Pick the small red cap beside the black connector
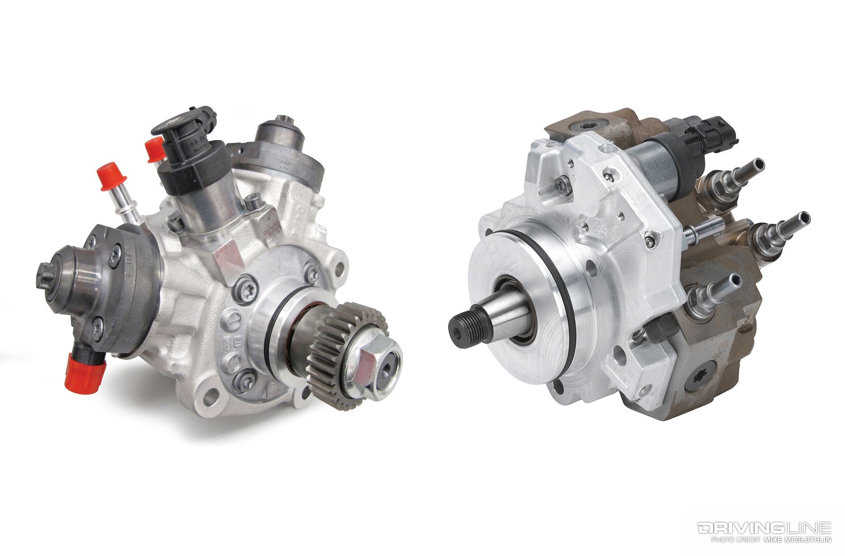pyautogui.click(x=155, y=150)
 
